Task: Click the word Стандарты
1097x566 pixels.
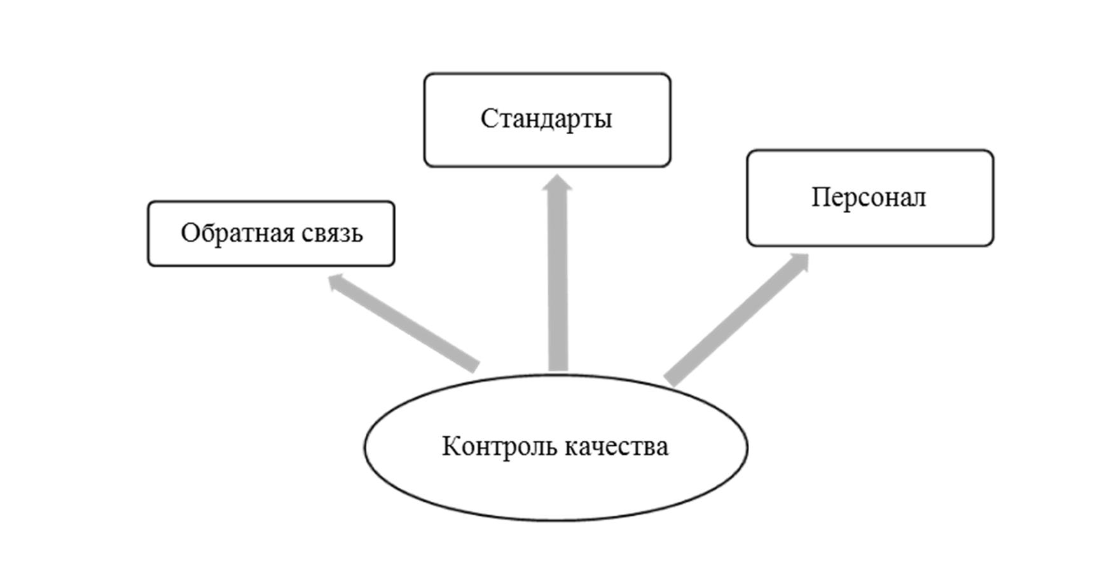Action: (546, 119)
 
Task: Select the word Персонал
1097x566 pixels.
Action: (868, 197)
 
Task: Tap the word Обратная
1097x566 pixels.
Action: (238, 233)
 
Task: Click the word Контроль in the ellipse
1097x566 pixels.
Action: (498, 446)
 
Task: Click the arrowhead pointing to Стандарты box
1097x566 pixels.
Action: (558, 183)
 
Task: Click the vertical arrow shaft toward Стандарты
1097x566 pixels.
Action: (558, 280)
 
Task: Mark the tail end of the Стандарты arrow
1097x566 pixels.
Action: (558, 365)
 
